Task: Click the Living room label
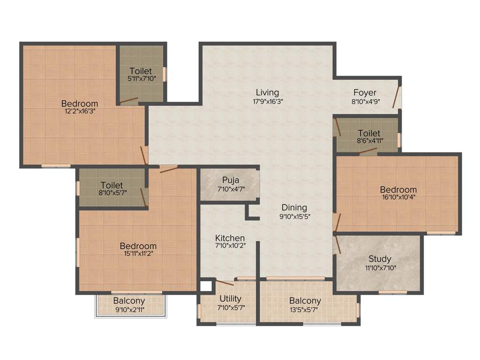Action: coord(267,92)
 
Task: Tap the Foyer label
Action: coord(365,92)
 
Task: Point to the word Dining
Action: coord(294,207)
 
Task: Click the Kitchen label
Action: coord(230,238)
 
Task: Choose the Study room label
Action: coord(379,259)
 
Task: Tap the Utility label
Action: coord(230,299)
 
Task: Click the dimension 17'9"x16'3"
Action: coord(267,101)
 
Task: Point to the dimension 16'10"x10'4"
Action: coord(398,197)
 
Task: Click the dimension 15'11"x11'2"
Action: coord(138,253)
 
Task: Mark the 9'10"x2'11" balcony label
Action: coord(129,309)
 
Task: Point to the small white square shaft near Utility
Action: coord(205,285)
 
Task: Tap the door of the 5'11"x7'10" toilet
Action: coord(128,100)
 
